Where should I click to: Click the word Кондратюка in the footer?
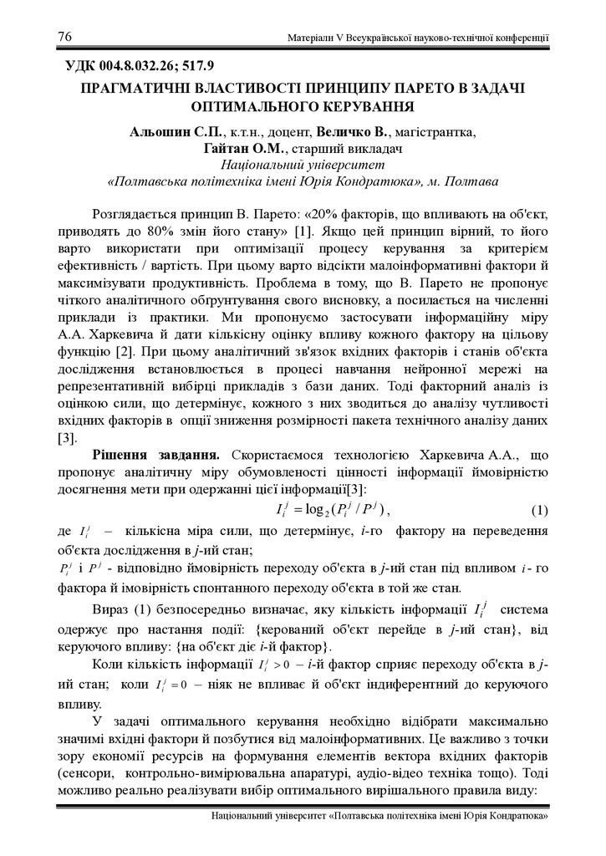(x=514, y=816)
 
